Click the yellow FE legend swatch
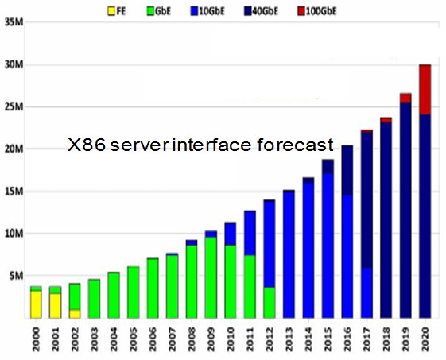coord(111,11)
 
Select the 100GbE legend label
coord(321,11)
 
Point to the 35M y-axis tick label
coord(14,22)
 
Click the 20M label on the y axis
coord(14,149)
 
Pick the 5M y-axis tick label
coord(16,276)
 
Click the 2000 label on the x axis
coord(36,339)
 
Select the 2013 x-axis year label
coord(289,339)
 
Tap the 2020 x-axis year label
coord(425,339)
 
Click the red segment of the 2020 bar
coord(425,90)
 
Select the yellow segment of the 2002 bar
coord(75,314)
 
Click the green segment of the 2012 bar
coord(270,303)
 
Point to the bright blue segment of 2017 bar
coord(366,293)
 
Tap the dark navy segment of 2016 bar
coord(347,170)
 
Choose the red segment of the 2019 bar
coord(405,98)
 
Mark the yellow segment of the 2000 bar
coord(36,304)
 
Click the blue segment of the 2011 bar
coord(250,233)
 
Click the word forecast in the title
coord(295,145)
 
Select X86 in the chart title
coord(87,145)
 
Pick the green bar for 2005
coord(133,292)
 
